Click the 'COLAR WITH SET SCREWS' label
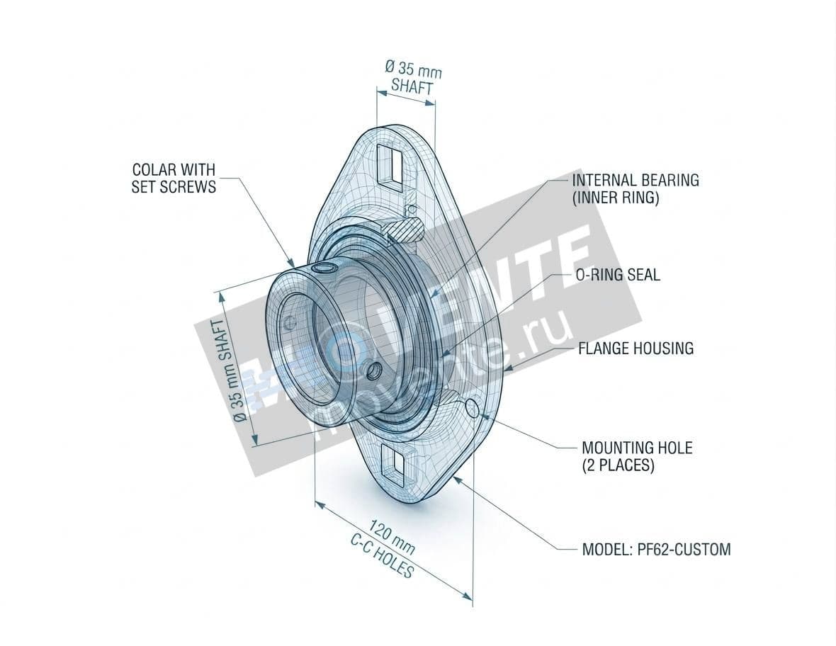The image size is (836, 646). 174,178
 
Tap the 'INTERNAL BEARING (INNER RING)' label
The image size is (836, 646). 635,189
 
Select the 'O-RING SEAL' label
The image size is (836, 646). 617,275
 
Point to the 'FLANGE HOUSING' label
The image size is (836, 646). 636,348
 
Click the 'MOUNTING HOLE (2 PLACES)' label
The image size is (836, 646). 636,457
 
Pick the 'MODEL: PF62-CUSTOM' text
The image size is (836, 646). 655,549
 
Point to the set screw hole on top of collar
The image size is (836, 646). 326,268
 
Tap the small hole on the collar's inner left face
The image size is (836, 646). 289,323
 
